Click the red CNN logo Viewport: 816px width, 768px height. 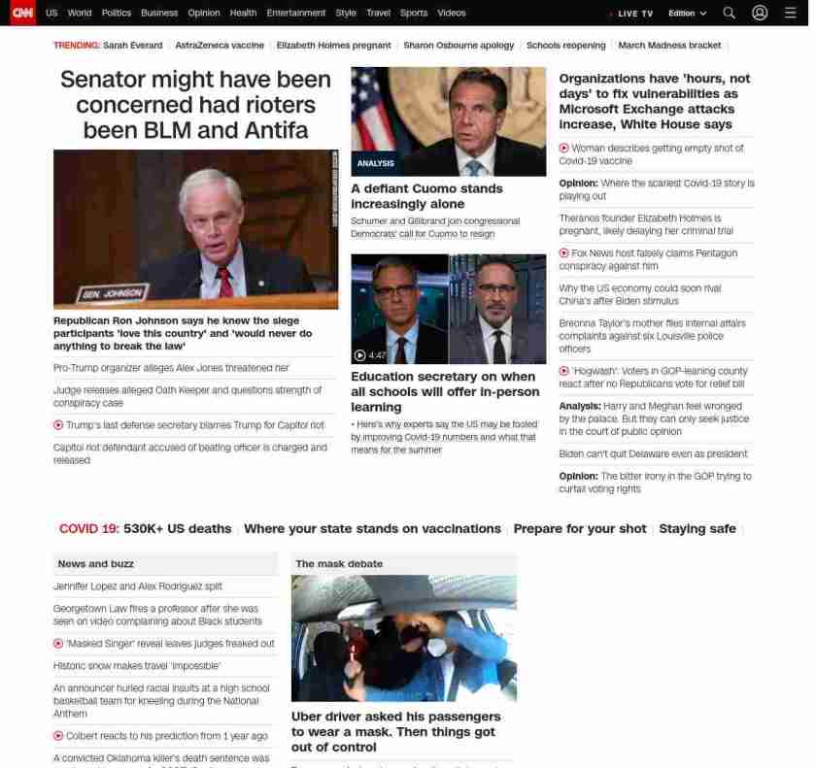[22, 13]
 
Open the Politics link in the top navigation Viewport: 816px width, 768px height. [116, 13]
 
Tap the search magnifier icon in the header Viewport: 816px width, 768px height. [729, 13]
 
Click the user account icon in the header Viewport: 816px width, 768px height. [760, 13]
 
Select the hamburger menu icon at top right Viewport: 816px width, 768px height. [790, 13]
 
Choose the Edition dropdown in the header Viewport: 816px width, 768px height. [687, 14]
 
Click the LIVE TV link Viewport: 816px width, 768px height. [634, 14]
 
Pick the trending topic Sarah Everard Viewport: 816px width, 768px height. [132, 46]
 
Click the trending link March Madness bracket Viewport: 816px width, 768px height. [669, 46]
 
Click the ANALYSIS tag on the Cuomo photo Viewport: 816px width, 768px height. [375, 163]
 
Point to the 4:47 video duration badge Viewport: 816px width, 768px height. [371, 355]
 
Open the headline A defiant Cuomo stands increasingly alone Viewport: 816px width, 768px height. [426, 196]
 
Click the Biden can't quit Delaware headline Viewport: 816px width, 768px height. [653, 453]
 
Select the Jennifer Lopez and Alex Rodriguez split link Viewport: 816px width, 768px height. [138, 586]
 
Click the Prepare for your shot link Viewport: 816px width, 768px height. [579, 529]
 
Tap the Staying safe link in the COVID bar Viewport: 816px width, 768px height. [697, 529]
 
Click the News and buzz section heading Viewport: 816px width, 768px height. [95, 564]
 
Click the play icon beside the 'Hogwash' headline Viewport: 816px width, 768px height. [563, 371]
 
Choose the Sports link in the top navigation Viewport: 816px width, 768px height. [413, 13]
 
